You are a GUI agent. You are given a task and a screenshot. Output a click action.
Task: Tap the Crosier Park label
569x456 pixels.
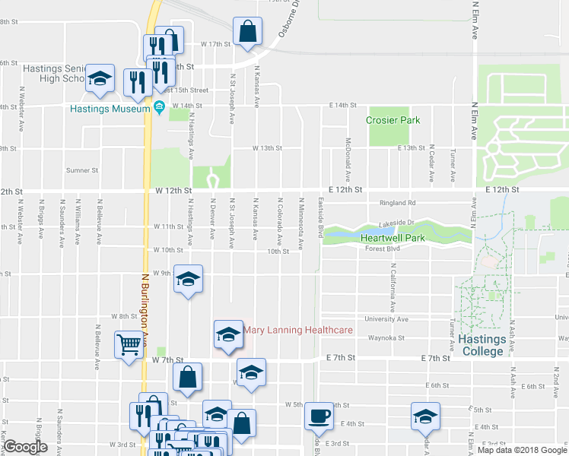click(x=393, y=120)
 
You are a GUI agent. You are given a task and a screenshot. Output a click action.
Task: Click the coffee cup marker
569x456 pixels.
click(x=319, y=416)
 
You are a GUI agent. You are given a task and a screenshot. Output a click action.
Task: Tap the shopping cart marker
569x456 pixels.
click(x=127, y=344)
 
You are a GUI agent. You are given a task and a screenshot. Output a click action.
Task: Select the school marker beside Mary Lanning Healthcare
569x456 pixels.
click(x=227, y=334)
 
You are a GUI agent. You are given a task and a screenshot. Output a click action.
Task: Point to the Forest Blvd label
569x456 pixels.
click(x=382, y=248)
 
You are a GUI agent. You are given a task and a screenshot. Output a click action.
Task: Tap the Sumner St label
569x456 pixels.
click(x=82, y=170)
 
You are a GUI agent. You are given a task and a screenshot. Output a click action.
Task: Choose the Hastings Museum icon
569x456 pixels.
click(x=159, y=109)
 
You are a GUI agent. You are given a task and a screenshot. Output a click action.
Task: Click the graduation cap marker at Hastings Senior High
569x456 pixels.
click(x=99, y=79)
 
